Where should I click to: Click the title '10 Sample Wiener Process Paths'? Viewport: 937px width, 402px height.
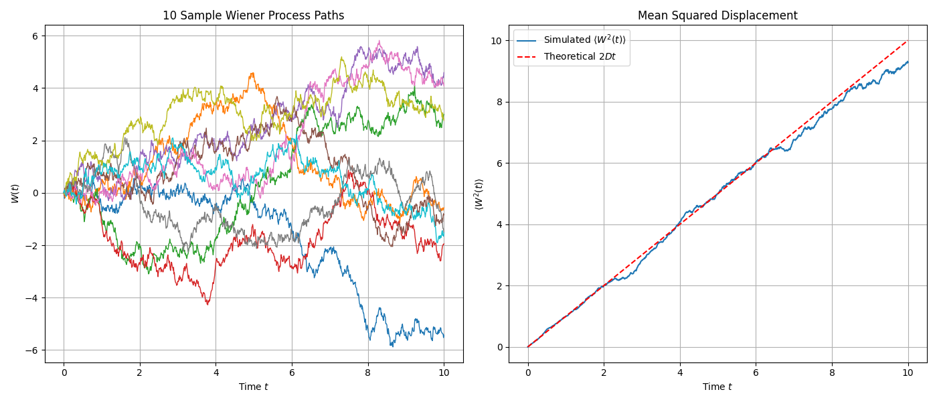[x=254, y=15]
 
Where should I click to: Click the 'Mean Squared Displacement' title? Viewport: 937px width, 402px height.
[x=717, y=15]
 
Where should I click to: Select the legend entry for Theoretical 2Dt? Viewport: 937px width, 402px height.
[x=580, y=57]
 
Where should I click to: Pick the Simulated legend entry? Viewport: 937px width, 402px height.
[x=584, y=40]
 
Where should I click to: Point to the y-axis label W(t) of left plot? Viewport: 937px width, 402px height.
[x=15, y=194]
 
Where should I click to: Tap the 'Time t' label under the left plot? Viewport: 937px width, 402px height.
[x=254, y=387]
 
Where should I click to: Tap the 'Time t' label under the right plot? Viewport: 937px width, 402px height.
[x=717, y=387]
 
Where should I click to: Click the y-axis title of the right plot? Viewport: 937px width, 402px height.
[x=479, y=194]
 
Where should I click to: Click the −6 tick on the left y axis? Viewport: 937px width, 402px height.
[x=31, y=350]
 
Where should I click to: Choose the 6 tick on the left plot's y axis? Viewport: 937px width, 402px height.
[x=35, y=36]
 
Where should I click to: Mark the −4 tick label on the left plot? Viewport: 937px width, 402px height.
[x=31, y=298]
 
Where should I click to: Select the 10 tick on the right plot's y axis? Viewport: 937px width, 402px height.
[x=496, y=41]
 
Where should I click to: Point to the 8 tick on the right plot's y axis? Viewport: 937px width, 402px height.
[x=499, y=102]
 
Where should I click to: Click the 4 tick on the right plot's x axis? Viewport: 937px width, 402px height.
[x=680, y=373]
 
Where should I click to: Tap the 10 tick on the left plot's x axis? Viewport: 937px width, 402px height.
[x=444, y=373]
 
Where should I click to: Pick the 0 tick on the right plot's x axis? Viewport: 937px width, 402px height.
[x=528, y=373]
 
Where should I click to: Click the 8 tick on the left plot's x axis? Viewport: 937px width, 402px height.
[x=368, y=373]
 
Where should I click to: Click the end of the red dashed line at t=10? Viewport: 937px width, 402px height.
[x=908, y=41]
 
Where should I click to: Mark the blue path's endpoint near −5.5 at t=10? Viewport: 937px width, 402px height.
[x=444, y=337]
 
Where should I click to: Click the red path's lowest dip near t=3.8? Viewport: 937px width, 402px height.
[x=208, y=304]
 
